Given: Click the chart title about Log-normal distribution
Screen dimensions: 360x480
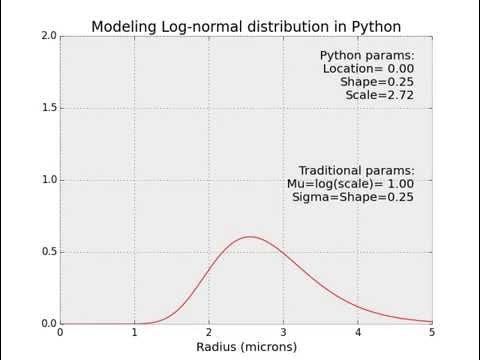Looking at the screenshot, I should (246, 25).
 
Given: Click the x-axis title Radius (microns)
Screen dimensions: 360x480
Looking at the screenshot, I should (246, 347).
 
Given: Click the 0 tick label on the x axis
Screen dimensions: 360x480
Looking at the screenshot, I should (60, 333).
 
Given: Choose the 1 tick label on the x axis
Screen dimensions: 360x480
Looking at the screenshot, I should (135, 333).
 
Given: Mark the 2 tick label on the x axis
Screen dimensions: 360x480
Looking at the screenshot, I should (209, 333).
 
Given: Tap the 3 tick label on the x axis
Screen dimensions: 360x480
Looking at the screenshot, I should (283, 333).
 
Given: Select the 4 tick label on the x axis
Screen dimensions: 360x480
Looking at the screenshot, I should (358, 333).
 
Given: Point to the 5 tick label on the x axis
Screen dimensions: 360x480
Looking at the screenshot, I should (432, 333).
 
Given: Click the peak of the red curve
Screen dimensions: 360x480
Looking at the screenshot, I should (250, 237).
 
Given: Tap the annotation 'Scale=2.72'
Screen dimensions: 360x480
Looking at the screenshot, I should (380, 95).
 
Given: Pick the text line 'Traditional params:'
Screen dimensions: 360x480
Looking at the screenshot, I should (357, 171).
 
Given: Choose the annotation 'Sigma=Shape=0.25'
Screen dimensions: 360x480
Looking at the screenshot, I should (353, 197).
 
